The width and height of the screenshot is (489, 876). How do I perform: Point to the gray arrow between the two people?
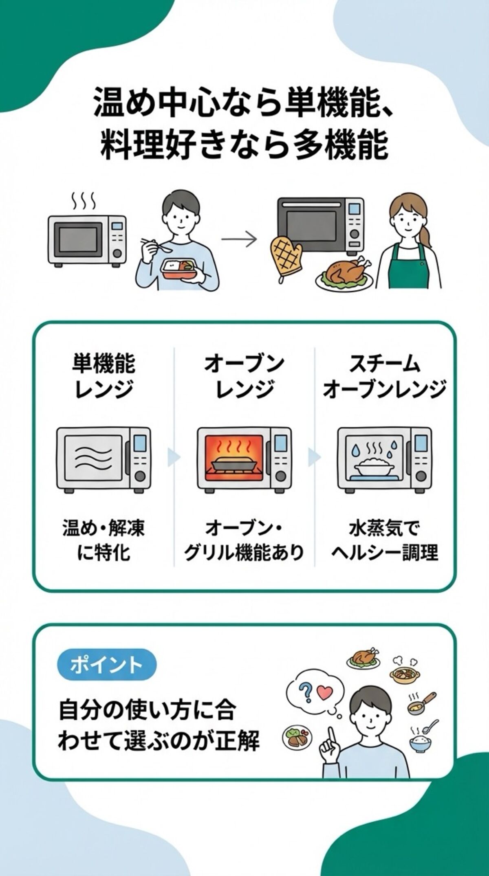(239, 239)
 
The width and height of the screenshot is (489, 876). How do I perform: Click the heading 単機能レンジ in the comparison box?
(104, 376)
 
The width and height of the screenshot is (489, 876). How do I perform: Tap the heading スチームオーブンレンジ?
(384, 376)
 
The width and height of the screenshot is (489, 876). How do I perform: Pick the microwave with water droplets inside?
(384, 459)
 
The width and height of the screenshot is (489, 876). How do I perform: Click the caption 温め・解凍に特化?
(104, 541)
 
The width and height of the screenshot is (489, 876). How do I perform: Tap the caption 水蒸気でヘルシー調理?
(384, 541)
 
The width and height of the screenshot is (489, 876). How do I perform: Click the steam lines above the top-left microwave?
(83, 200)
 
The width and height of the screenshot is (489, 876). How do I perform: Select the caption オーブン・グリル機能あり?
(244, 541)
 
